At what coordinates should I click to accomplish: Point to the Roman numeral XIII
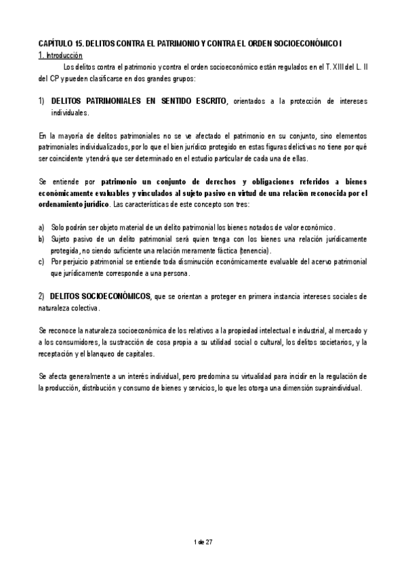point(333,66)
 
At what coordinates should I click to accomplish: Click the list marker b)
point(42,239)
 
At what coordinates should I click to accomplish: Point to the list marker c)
point(42,262)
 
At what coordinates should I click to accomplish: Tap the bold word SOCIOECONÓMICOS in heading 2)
point(117,296)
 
